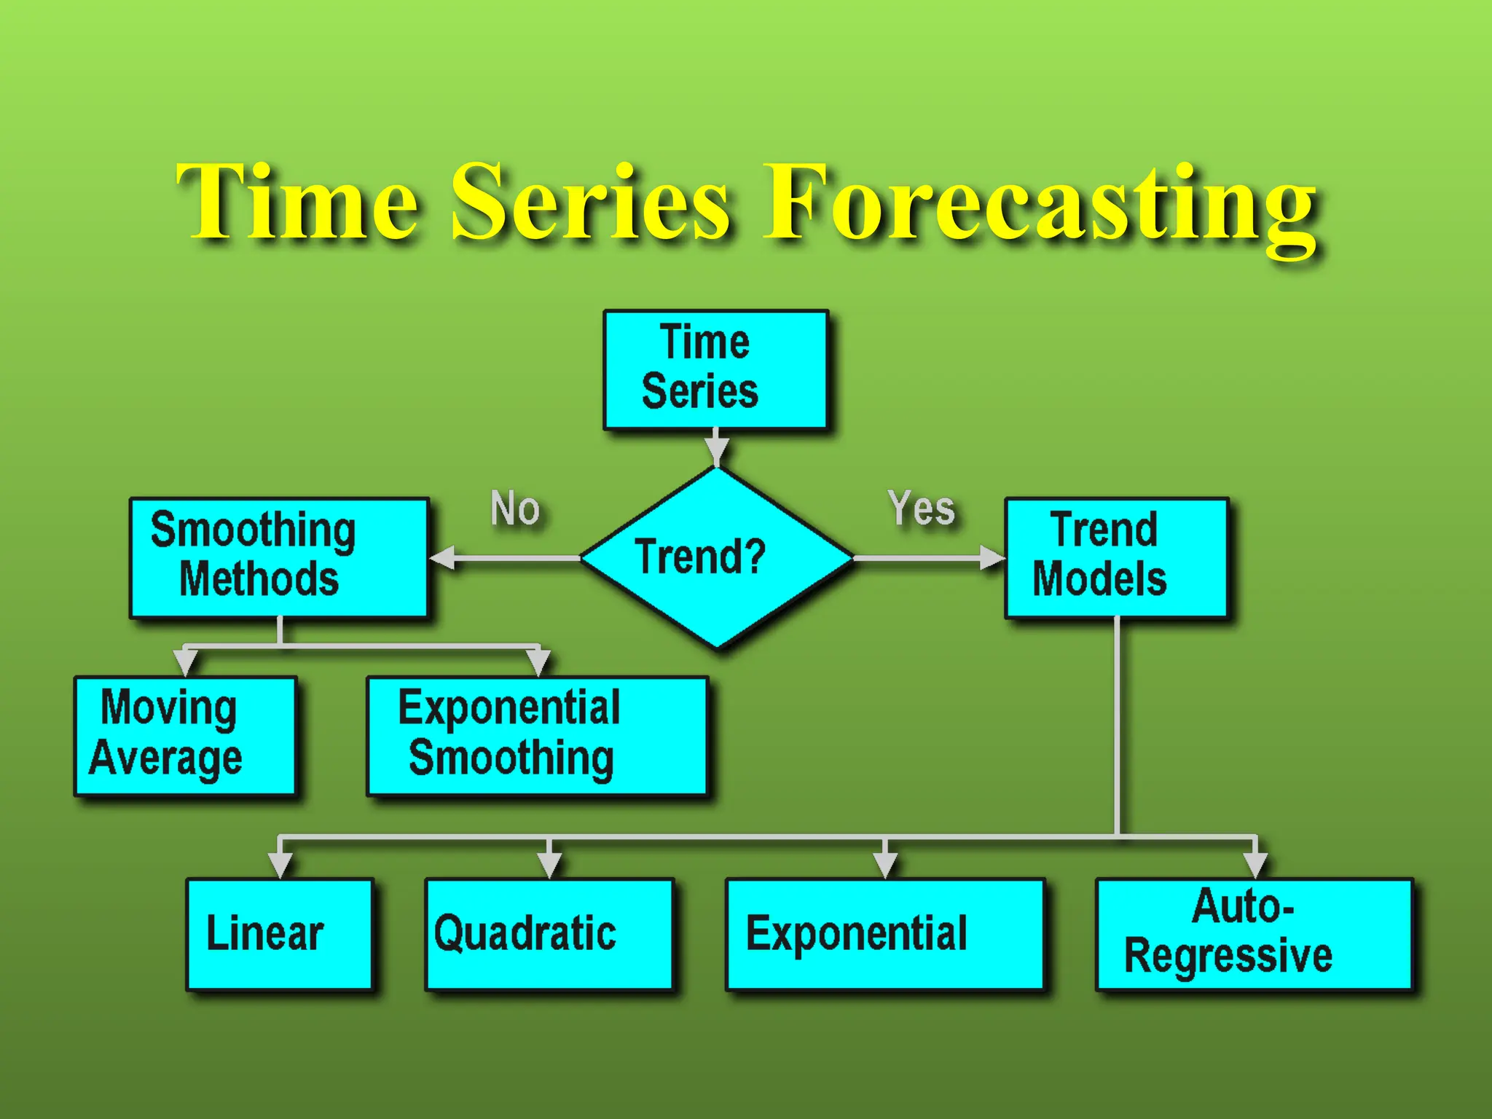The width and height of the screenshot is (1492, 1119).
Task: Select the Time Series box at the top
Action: click(x=715, y=369)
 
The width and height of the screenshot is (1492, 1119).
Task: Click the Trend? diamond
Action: click(x=717, y=557)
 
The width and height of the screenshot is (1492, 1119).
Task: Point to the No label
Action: click(x=515, y=508)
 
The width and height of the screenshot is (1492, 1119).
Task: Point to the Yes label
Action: click(x=921, y=508)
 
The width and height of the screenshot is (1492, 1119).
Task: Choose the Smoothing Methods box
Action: click(x=279, y=557)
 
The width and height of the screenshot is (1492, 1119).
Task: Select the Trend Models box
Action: click(x=1117, y=557)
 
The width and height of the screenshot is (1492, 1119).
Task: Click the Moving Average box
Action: click(x=185, y=735)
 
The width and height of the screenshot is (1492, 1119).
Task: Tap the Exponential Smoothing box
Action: click(x=537, y=735)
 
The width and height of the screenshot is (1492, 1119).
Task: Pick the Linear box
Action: click(x=280, y=934)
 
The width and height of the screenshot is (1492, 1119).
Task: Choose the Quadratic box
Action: click(x=549, y=934)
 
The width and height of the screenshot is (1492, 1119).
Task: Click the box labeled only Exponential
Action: click(x=885, y=934)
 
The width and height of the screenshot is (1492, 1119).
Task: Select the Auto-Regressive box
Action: click(x=1255, y=934)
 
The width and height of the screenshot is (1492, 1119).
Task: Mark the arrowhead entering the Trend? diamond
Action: click(x=717, y=452)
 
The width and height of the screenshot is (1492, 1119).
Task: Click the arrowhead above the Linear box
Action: click(x=280, y=865)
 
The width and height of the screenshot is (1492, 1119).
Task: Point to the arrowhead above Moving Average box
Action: click(x=186, y=662)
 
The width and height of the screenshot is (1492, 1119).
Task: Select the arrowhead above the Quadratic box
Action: click(x=549, y=865)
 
